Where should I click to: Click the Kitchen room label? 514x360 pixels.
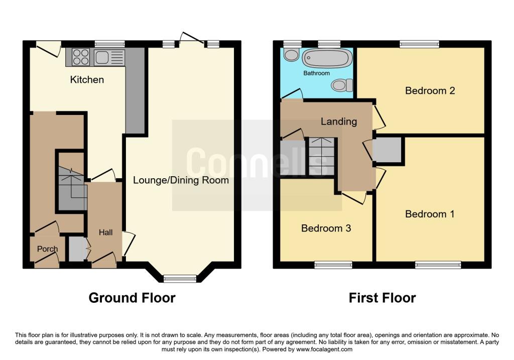point(87,79)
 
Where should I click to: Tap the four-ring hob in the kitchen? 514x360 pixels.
point(81,57)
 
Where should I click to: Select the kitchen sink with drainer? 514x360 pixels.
point(109,57)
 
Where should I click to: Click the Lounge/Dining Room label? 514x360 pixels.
point(181,180)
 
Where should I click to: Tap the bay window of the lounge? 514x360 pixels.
point(180,278)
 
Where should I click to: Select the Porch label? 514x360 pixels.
point(47,249)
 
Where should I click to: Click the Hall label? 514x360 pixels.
point(105,232)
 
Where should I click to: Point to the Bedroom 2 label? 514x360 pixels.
point(430,91)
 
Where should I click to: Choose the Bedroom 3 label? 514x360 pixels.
point(326,228)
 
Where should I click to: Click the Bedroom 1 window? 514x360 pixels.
point(438,265)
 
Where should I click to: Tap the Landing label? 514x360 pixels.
point(339,121)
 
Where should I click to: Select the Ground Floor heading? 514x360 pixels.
point(132,298)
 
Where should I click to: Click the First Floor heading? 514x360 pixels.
point(382,298)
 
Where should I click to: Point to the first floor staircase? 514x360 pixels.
point(321,157)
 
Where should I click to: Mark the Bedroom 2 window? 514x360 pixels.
point(420,45)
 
